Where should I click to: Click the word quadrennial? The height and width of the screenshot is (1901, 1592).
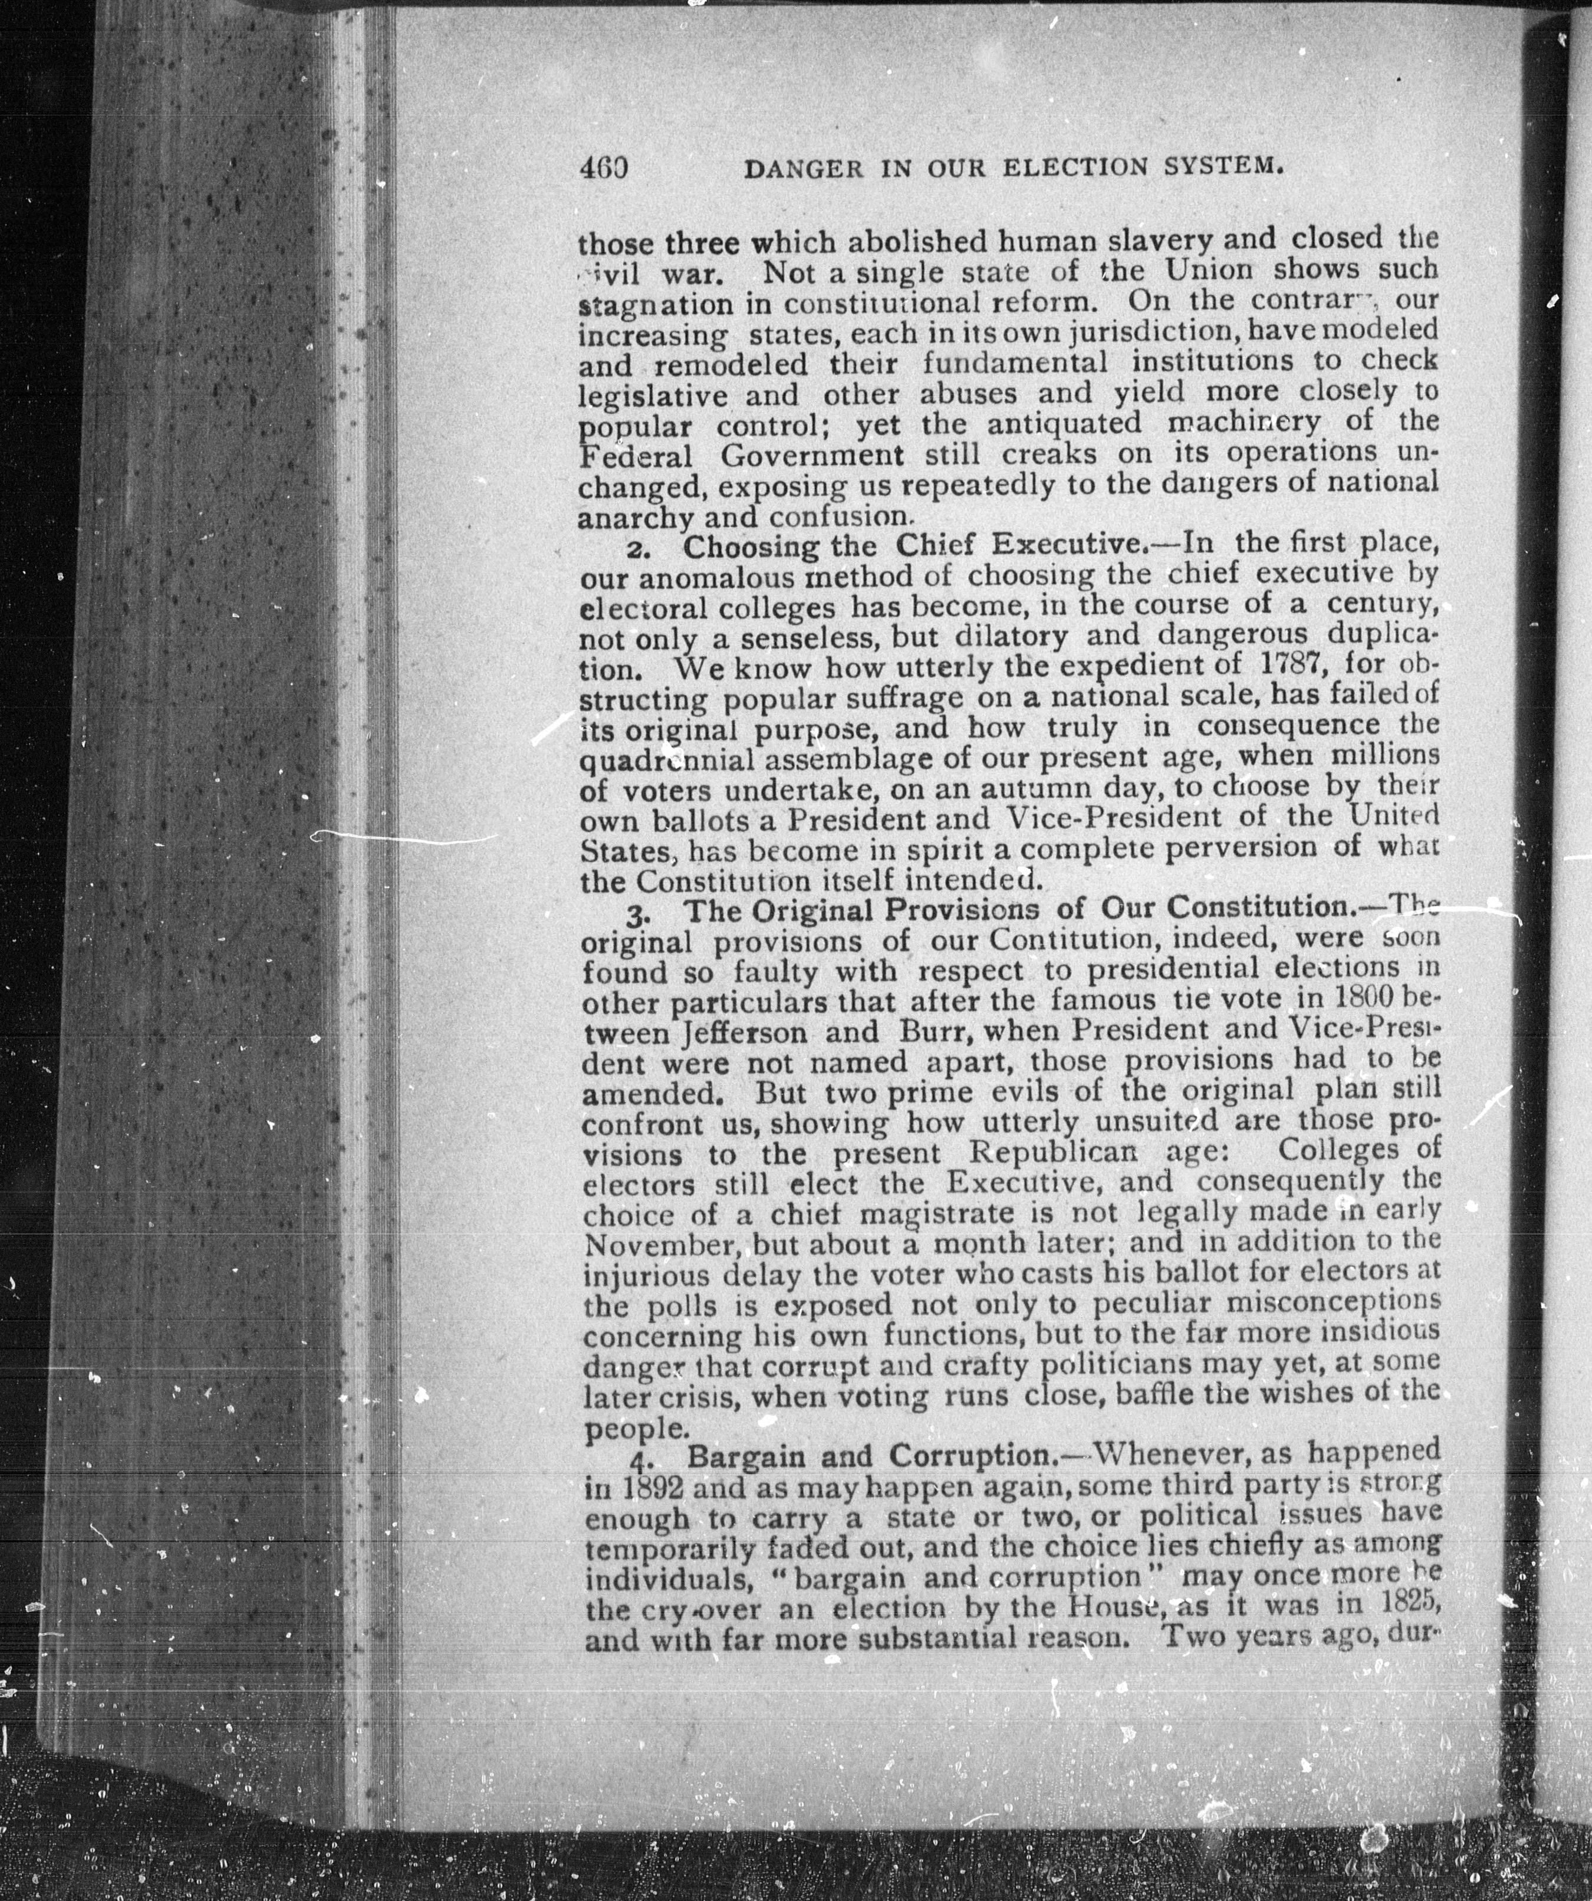coord(668,759)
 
